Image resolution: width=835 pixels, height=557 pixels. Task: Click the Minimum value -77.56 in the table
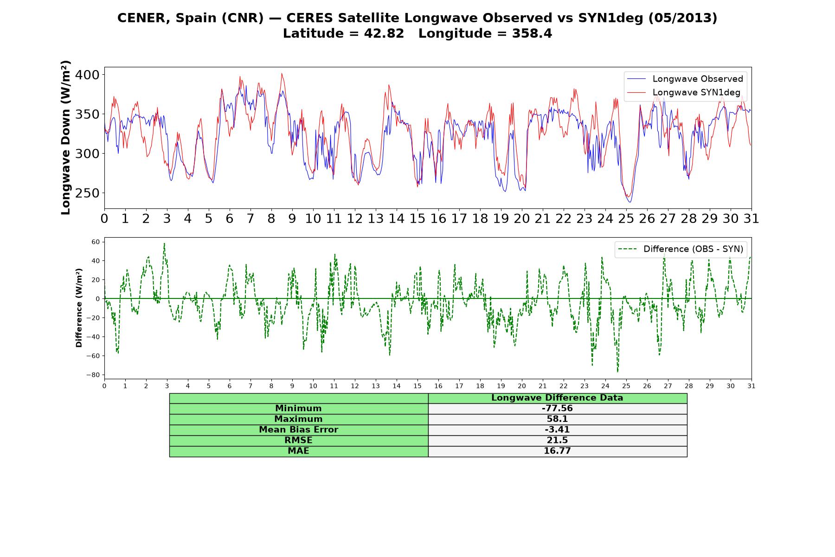click(557, 408)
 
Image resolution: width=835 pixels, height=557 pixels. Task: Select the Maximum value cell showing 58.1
click(557, 419)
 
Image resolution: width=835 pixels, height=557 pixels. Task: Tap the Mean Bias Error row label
click(298, 430)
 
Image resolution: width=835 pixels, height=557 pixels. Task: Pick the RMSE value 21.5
click(557, 440)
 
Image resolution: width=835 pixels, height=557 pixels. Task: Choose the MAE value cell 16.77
click(557, 451)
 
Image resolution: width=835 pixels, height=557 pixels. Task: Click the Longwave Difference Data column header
click(557, 398)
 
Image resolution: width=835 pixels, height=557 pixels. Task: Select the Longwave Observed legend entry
click(685, 79)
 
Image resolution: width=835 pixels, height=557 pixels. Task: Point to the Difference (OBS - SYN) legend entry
click(681, 249)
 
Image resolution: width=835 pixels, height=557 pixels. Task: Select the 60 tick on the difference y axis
click(96, 242)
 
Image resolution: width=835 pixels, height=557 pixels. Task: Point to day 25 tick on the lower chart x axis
click(626, 386)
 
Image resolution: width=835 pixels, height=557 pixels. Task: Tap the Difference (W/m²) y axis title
click(79, 308)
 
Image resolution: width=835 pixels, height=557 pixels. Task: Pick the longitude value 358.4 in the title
click(532, 34)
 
